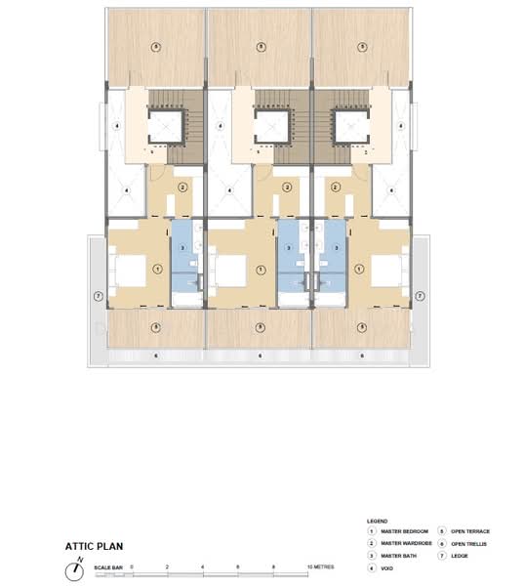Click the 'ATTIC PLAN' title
click(94, 547)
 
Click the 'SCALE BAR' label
click(106, 568)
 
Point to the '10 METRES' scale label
click(321, 567)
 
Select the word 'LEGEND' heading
click(377, 522)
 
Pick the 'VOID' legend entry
click(387, 566)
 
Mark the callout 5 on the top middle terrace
click(259, 47)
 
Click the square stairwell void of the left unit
click(163, 124)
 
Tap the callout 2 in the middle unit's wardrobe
click(287, 188)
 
